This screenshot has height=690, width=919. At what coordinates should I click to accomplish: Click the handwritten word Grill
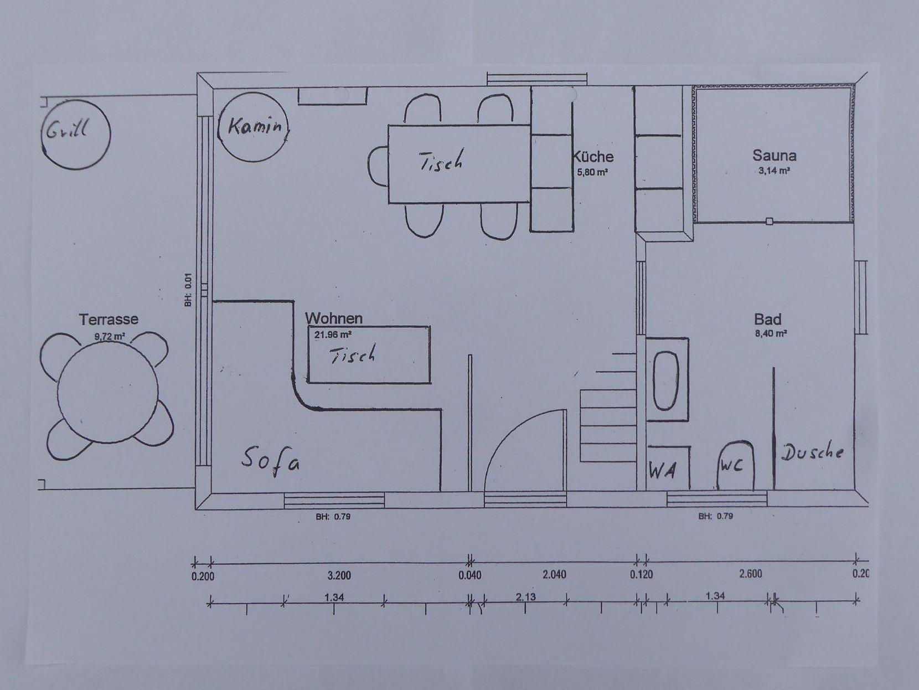pos(67,129)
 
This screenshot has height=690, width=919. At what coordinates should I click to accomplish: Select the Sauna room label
pos(774,156)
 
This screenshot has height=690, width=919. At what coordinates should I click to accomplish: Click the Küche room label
pos(593,157)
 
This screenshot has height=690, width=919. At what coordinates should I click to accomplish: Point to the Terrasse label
pos(109,320)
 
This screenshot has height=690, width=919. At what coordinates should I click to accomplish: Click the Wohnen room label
pos(334,318)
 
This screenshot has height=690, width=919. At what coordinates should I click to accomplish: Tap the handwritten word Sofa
pos(271,461)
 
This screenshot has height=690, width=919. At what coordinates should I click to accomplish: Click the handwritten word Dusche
pos(812,452)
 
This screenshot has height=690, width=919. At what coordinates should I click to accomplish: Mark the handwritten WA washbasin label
pos(663,471)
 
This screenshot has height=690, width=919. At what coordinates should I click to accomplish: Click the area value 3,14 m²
pos(774,171)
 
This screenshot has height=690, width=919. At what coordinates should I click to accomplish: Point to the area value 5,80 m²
pos(592,172)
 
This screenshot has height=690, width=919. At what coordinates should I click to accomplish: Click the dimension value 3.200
pos(339,576)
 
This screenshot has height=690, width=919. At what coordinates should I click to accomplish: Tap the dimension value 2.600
pos(751,574)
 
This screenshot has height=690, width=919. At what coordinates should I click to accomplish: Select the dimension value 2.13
pos(525,597)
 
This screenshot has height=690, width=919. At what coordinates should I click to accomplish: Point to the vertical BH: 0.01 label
pos(189,290)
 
